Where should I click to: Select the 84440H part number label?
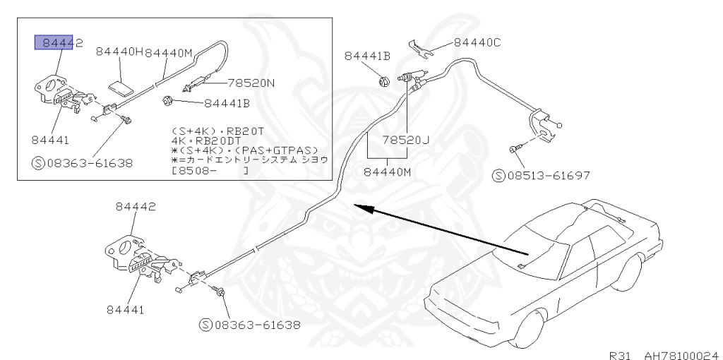pyautogui.click(x=119, y=52)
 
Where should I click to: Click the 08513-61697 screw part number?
pyautogui.click(x=547, y=174)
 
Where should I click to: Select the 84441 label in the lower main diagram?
pyautogui.click(x=125, y=309)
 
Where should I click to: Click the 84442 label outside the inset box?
pyautogui.click(x=136, y=206)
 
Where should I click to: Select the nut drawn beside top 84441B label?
pyautogui.click(x=382, y=80)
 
